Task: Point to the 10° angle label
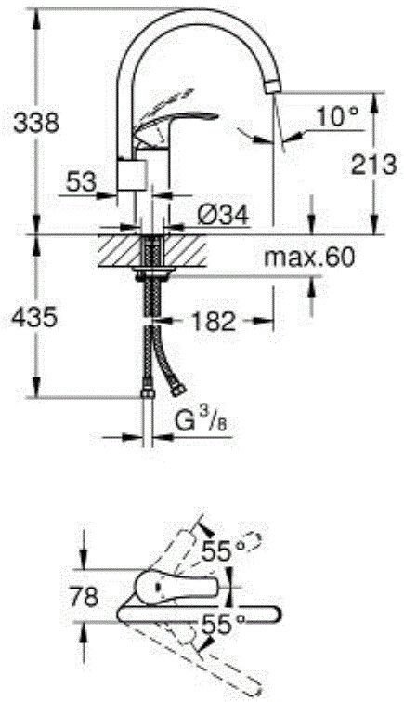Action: coord(336,116)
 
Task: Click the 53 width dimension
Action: coord(81,182)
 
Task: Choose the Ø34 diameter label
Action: coord(221,216)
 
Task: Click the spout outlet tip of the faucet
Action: coord(272,86)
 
